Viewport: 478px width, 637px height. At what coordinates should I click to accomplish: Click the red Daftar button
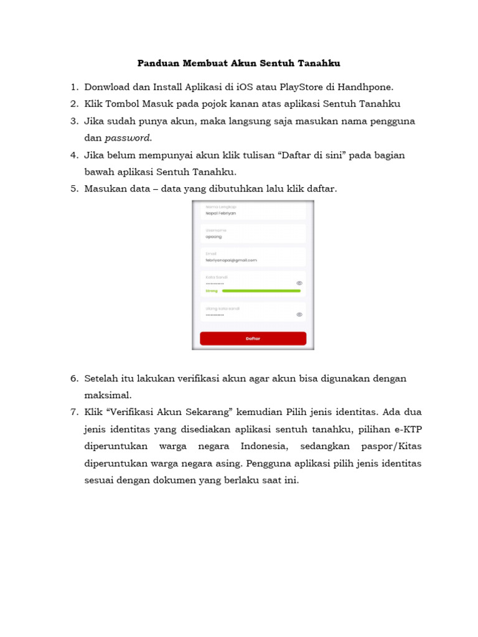[253, 338]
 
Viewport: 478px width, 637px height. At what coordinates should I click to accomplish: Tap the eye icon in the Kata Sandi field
[299, 283]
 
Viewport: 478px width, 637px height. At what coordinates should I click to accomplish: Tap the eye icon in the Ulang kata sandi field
[299, 315]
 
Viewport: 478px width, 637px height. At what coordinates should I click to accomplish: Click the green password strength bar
[261, 291]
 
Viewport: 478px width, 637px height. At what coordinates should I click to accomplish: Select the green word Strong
[212, 291]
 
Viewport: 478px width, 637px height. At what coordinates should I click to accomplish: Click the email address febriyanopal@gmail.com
[231, 260]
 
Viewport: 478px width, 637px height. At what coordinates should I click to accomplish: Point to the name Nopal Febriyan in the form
[221, 213]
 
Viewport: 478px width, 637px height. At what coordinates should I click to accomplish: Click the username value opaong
[213, 236]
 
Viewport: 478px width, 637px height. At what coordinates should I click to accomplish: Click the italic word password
[128, 137]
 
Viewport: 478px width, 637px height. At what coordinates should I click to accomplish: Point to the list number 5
[73, 188]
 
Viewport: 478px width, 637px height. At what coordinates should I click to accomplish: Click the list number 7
[73, 412]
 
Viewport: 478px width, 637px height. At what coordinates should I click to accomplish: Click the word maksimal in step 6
[108, 395]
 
